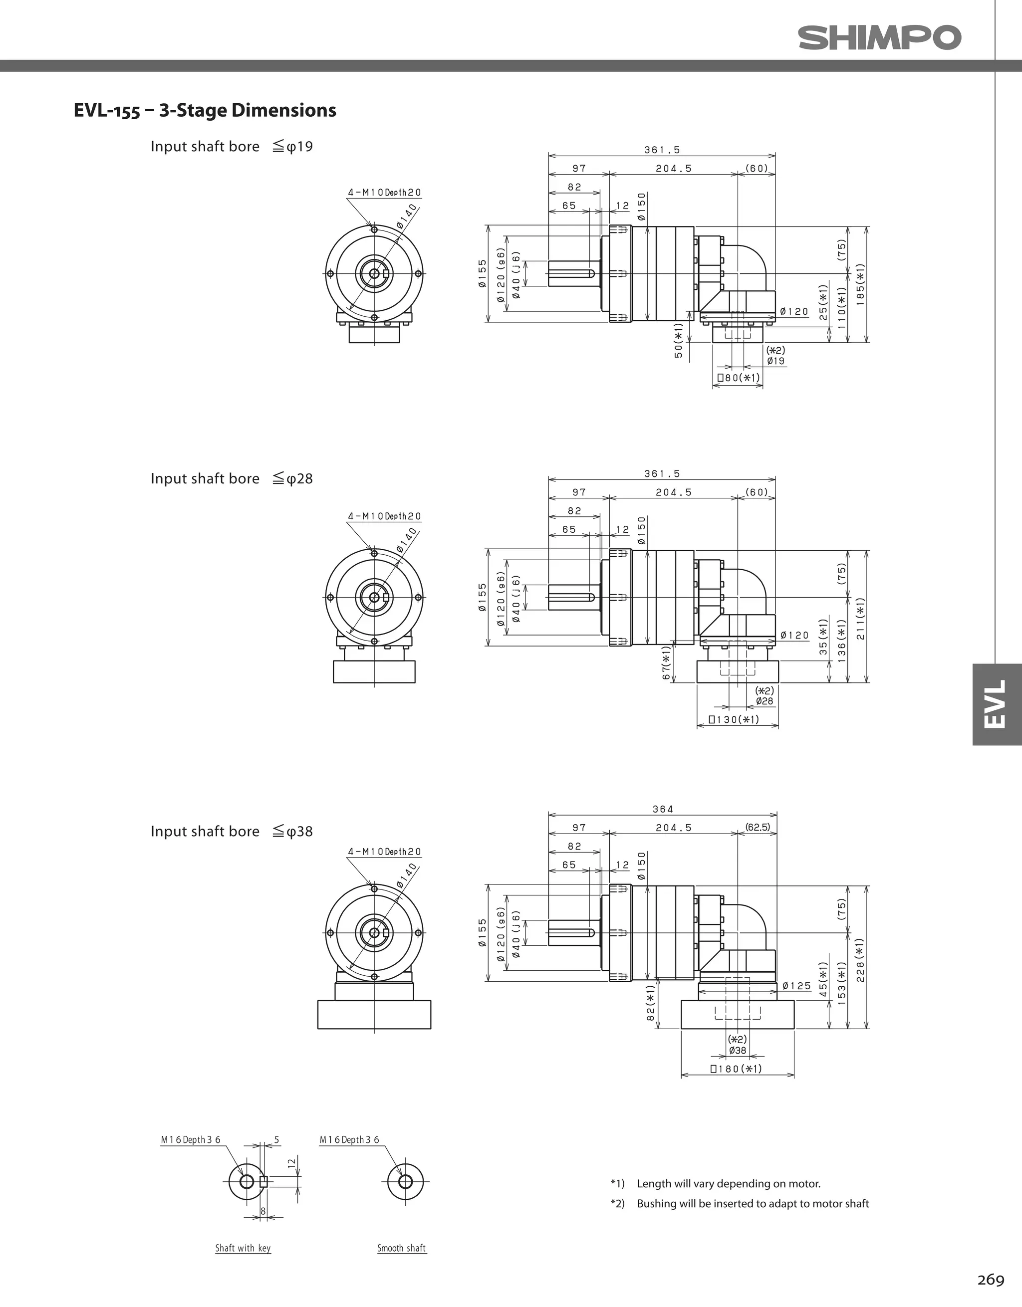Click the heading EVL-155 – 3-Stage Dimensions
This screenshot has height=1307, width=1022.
coord(205,111)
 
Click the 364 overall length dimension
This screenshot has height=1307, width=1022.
coord(663,809)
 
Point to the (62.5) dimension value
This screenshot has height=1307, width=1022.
coord(758,828)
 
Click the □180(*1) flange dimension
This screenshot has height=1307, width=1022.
coord(736,1069)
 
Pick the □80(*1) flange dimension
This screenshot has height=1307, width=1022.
coord(738,378)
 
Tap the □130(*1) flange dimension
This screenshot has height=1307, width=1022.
coord(734,719)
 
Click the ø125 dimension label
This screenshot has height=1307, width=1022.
coord(796,986)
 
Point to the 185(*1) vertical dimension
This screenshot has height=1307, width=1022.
coord(860,285)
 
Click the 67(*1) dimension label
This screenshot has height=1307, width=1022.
coord(666,662)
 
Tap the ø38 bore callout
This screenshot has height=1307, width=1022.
coord(738,1050)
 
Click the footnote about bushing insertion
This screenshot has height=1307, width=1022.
coord(752,1203)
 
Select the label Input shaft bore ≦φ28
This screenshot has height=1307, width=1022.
coord(232,479)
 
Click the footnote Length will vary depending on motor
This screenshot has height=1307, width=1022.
coord(728,1183)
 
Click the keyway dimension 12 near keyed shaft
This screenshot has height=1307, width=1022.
coord(291,1163)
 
